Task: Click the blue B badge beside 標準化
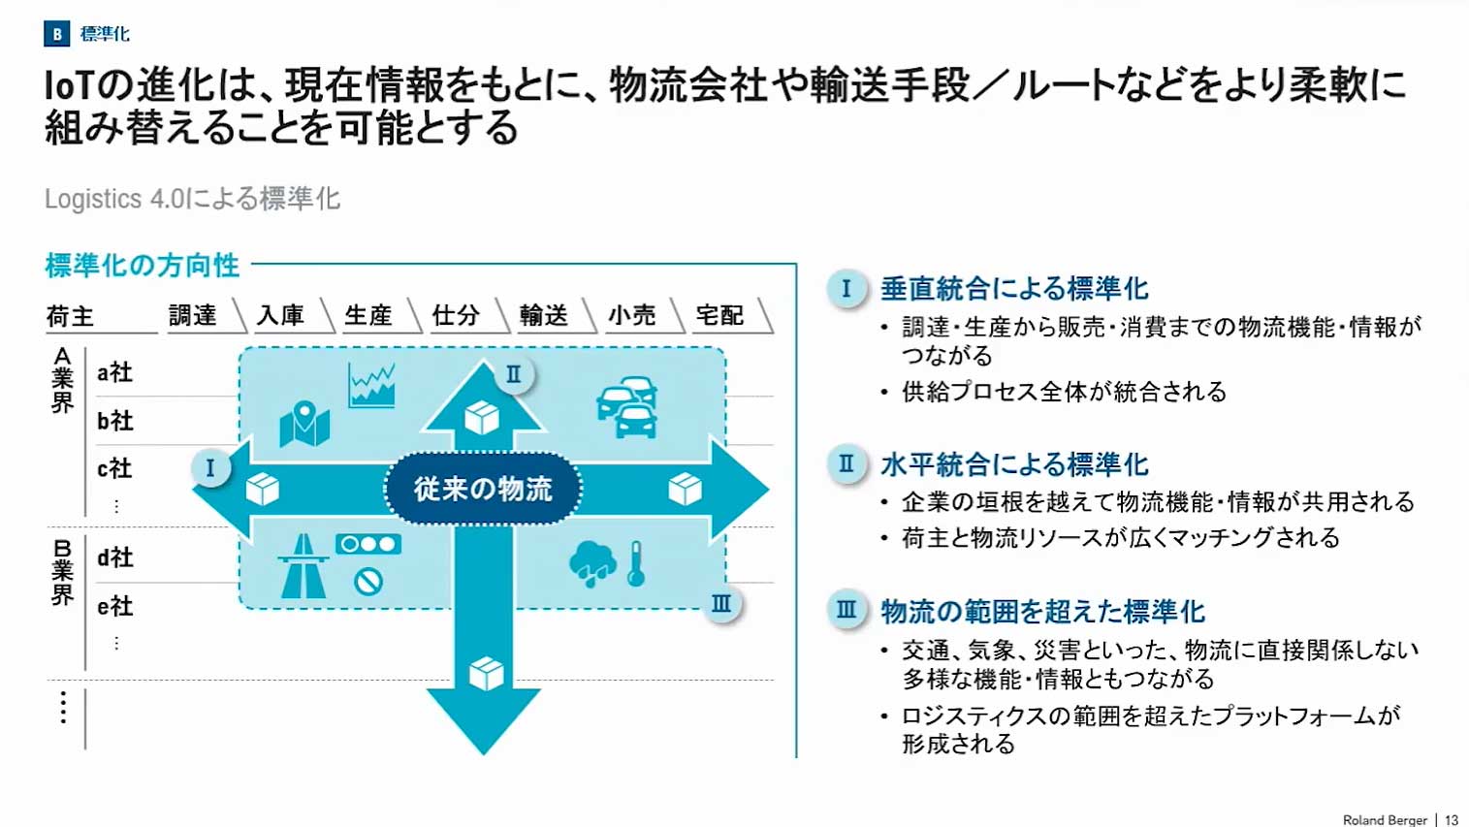point(56,34)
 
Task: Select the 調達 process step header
point(192,315)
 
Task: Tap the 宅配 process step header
point(719,315)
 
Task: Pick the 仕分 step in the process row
point(456,315)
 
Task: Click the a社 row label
point(114,372)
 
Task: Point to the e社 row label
point(114,607)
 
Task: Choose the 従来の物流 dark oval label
point(483,489)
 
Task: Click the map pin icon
point(304,424)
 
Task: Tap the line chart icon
point(371,385)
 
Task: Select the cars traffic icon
point(628,406)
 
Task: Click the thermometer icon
point(636,563)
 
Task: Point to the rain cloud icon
point(592,563)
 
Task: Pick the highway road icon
point(303,566)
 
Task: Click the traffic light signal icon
point(367,544)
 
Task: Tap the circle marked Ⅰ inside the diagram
point(209,468)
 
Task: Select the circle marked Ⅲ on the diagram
point(721,604)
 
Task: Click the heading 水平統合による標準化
point(1014,464)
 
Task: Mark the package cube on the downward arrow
point(486,673)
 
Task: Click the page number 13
point(1452,820)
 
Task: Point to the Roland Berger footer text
point(1384,820)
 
